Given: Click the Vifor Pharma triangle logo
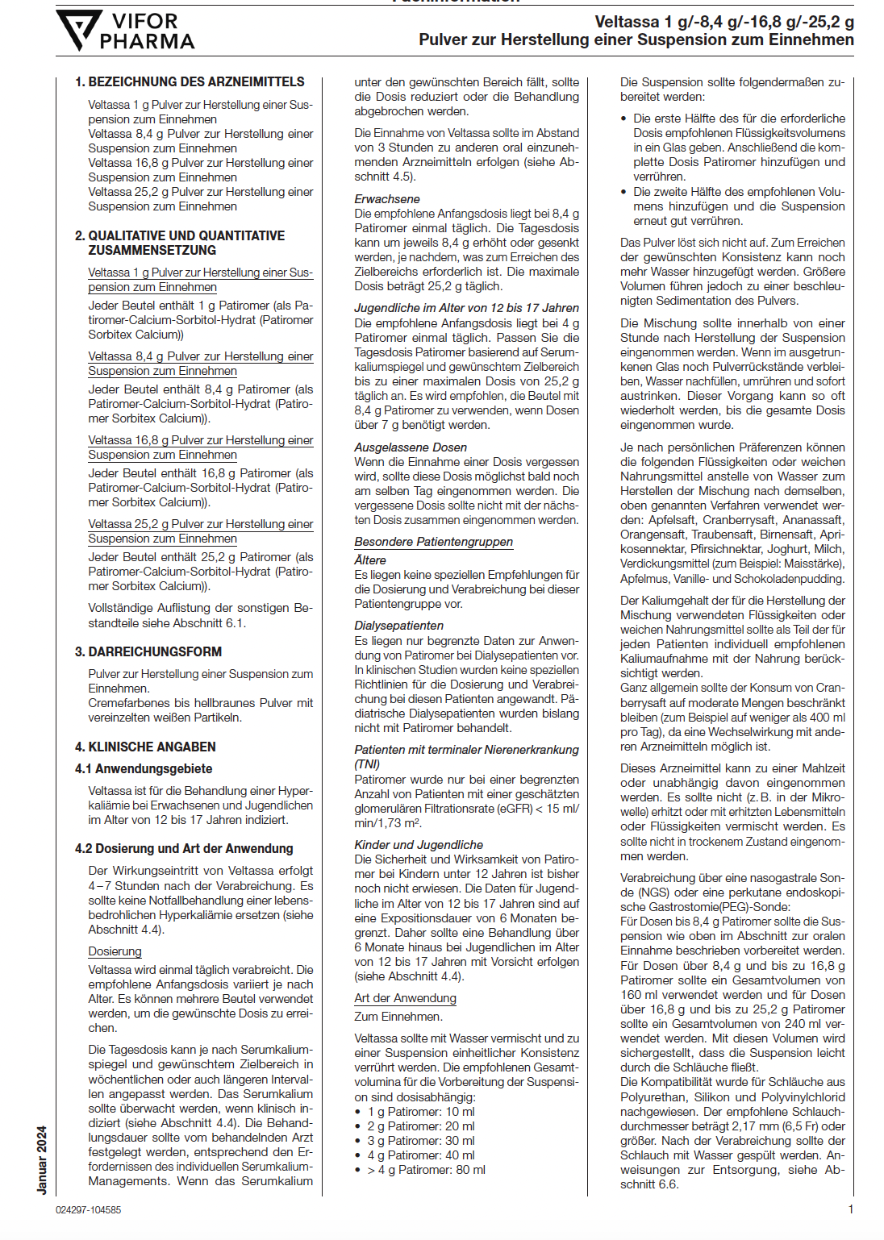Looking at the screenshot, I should point(78,30).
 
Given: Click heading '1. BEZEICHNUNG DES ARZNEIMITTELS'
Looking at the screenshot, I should point(190,82).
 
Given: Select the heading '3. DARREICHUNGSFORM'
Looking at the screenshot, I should point(148,651).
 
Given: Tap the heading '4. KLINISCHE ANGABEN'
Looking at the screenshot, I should point(145,747).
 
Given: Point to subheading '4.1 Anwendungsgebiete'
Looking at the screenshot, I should point(144,769).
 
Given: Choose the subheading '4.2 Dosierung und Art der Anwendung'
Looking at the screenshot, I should point(184,848).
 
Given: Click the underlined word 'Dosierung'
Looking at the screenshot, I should point(115,951).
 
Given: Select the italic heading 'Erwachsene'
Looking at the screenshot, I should point(387,199).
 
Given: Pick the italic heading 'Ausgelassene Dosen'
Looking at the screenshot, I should point(411,447).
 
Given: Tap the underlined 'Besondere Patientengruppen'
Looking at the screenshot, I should point(434,542).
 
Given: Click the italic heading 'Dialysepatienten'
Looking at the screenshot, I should point(398,626).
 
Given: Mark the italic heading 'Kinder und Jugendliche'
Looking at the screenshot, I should point(419,845).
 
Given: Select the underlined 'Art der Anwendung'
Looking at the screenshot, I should point(405,998).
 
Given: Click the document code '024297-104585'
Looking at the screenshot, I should point(89,1210).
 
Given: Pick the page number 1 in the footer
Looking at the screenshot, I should point(851,1209).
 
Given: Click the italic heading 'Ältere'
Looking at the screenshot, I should point(370,560).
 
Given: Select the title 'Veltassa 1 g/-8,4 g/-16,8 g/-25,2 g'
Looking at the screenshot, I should point(724,23).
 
